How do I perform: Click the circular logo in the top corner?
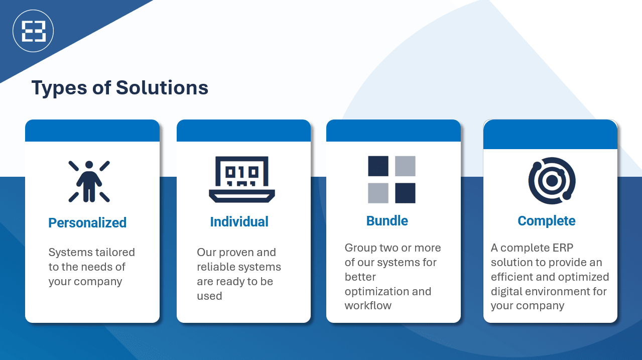tap(33, 31)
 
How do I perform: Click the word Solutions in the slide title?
tap(162, 87)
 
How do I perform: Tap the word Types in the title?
tap(59, 88)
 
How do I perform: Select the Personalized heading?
tap(87, 223)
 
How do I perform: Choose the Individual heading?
tap(239, 221)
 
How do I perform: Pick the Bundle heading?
tap(387, 221)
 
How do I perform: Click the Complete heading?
tap(546, 221)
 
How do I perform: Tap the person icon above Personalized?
tap(89, 181)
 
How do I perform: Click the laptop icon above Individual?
tap(242, 179)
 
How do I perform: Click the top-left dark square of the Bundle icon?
tap(378, 166)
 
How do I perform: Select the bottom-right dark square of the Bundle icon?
tap(405, 193)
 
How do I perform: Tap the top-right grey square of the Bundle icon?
tap(405, 166)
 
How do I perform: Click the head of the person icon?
tap(89, 165)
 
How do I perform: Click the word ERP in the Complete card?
tap(563, 248)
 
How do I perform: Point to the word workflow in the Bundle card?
tap(368, 306)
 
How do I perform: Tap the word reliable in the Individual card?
tap(214, 267)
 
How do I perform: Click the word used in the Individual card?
tap(209, 296)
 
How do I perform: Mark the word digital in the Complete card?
tap(506, 292)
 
